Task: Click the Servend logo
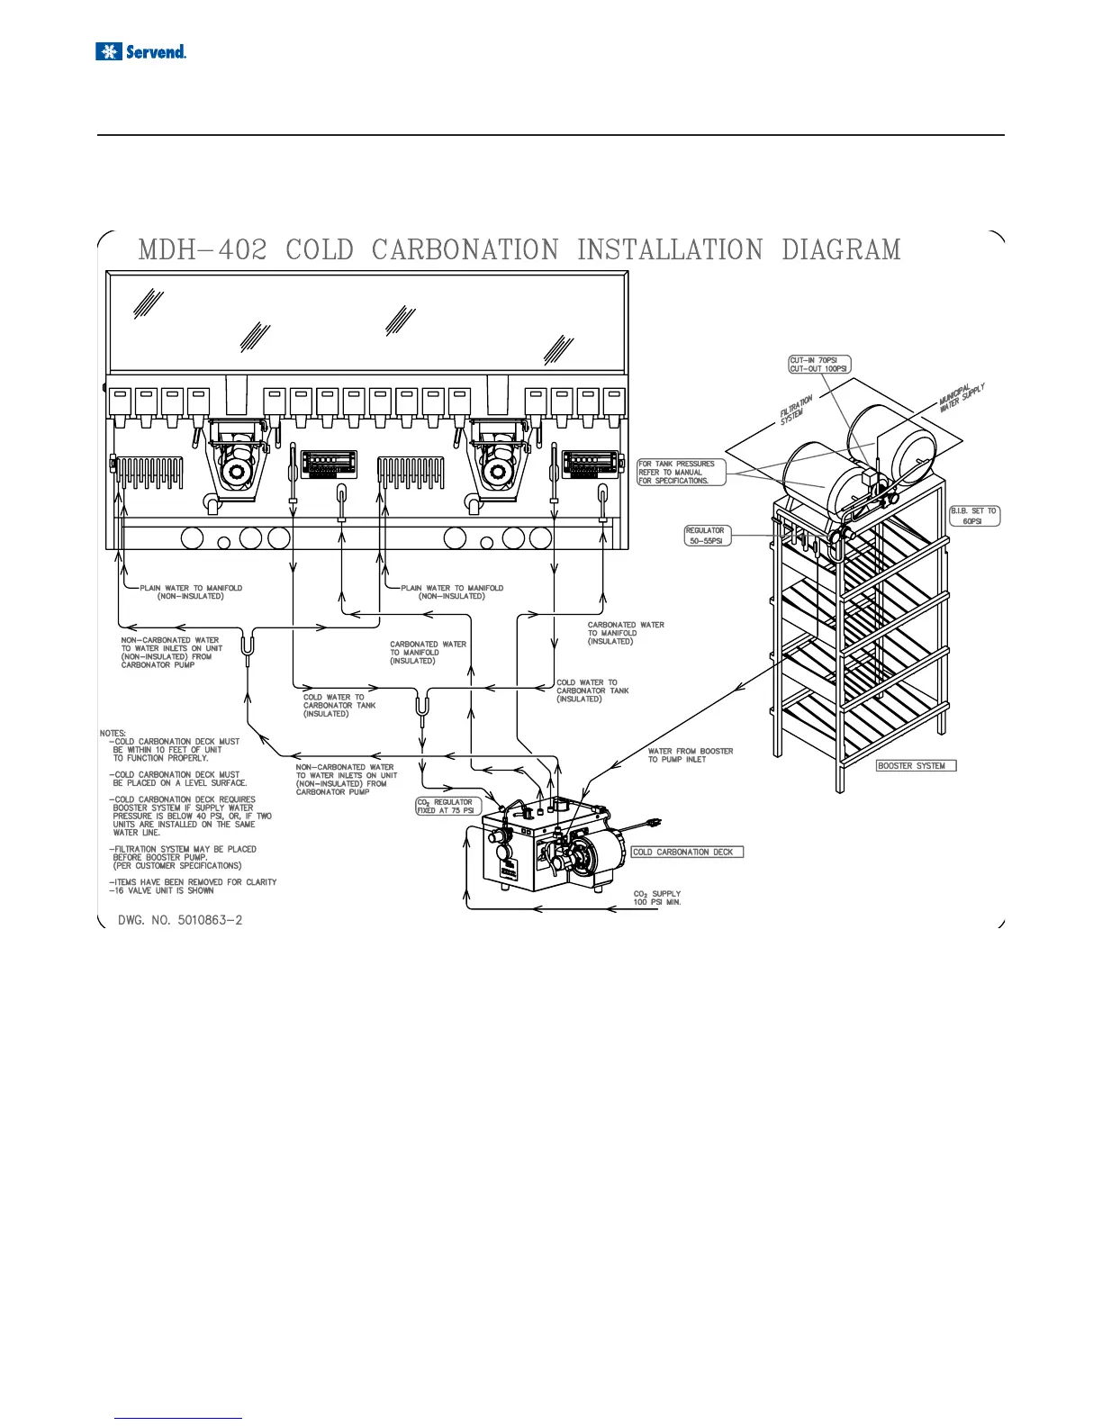pos(140,51)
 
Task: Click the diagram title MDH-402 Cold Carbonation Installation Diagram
pos(519,249)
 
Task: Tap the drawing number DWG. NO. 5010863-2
pos(180,920)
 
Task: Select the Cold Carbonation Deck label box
pos(687,852)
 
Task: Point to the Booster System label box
pos(916,765)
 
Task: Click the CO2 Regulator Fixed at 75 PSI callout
pos(446,806)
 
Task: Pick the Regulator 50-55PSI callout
pos(706,536)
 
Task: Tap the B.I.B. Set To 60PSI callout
pos(974,516)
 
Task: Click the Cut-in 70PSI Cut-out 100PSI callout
pos(819,365)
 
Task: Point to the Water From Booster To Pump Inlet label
pos(691,755)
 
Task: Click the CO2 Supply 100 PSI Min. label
pos(657,898)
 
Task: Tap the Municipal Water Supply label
pos(962,399)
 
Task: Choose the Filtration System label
pos(798,411)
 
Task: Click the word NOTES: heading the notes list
pos(113,733)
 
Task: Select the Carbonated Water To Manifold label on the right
pos(626,633)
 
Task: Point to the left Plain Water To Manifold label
pos(191,591)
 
